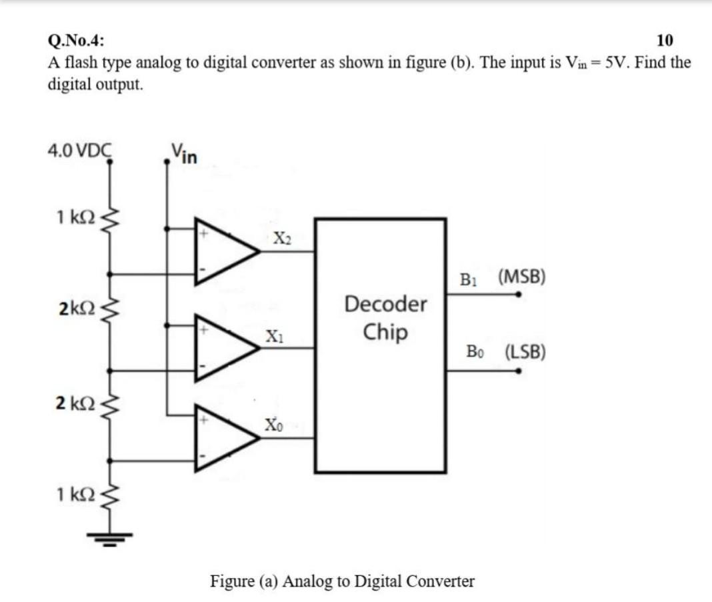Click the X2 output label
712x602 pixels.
(281, 239)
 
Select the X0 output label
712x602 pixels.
(273, 425)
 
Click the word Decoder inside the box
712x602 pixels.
(385, 305)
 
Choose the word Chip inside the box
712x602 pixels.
(385, 331)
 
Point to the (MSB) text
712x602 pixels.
(521, 277)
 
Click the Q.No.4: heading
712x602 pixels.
(76, 41)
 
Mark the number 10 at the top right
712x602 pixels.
(664, 41)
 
